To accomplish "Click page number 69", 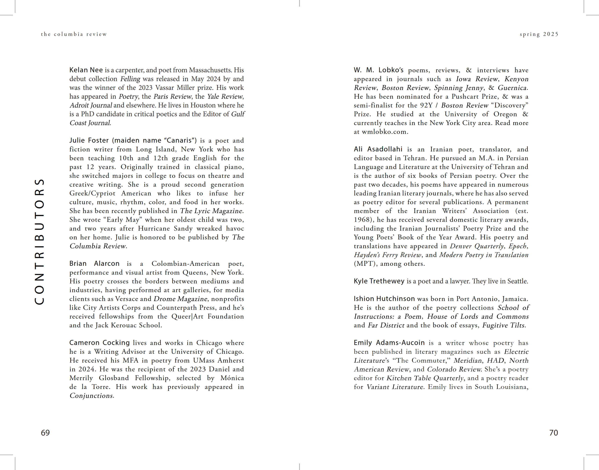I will point(45,433).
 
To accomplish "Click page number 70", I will point(553,433).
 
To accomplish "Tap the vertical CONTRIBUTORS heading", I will point(40,242).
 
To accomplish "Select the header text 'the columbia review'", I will point(74,34).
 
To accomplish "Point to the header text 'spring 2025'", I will point(539,34).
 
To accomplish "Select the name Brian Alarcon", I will point(94,263).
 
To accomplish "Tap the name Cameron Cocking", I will point(99,343).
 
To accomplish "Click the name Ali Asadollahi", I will point(378,149).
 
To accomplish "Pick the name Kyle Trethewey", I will point(379,281).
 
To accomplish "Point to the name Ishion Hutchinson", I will point(384,299).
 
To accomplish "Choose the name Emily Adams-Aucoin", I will point(389,343).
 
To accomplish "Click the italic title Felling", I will point(130,79).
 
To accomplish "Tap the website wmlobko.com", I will point(384,132).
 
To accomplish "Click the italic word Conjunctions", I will point(91,396).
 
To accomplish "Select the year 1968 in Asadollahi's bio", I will point(362,220).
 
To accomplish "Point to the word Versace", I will point(126,299).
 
